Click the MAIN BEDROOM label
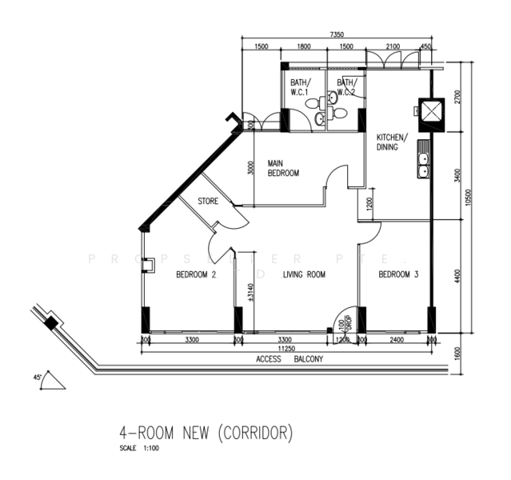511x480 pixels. [283, 168]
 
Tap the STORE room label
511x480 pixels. [208, 202]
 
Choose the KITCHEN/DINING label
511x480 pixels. [392, 142]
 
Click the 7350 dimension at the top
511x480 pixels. [337, 34]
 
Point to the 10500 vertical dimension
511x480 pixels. [480, 197]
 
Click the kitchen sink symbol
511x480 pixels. [422, 164]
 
